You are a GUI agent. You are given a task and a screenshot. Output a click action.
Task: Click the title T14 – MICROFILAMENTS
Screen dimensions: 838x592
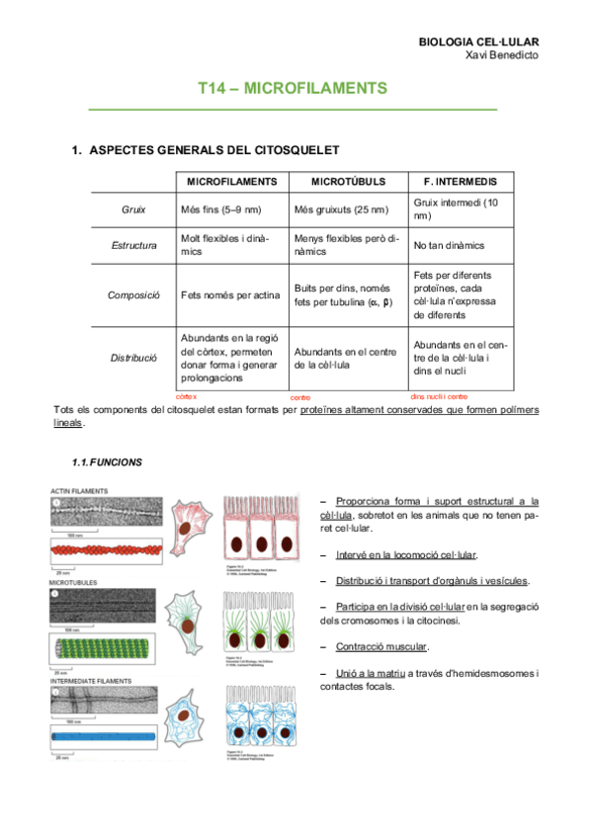pos(293,89)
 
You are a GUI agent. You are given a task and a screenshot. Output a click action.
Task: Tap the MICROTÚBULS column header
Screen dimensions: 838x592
pos(347,183)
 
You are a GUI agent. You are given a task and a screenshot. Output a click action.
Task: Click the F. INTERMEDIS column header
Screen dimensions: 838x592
pos(460,183)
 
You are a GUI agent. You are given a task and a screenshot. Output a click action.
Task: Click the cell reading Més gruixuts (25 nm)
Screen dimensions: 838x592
pos(341,209)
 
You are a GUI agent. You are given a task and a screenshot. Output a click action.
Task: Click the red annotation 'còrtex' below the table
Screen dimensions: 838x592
pos(186,396)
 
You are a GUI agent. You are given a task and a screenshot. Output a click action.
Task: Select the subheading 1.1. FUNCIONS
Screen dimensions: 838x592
pos(106,461)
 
